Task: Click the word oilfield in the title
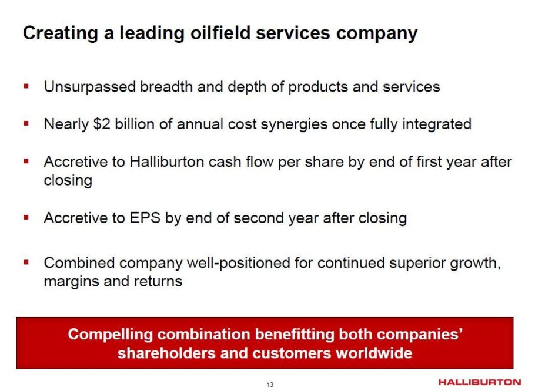[220, 33]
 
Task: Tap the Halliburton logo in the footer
[479, 382]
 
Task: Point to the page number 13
[270, 385]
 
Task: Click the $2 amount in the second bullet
[102, 124]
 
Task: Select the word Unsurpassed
[90, 87]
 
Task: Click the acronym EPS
[145, 218]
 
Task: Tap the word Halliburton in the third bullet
[167, 162]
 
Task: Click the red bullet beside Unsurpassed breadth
[26, 86]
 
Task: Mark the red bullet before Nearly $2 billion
[26, 123]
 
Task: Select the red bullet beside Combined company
[26, 262]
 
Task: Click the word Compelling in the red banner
[110, 335]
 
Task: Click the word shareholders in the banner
[166, 353]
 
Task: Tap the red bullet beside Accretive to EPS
[26, 217]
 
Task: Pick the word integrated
[437, 124]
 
